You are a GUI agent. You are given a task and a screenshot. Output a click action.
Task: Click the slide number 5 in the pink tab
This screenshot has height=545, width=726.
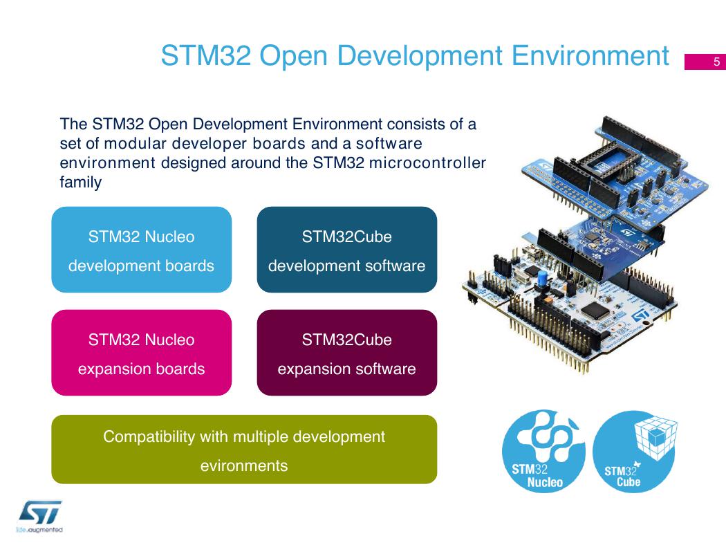coord(716,62)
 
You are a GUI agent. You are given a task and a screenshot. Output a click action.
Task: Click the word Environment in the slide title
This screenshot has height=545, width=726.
coord(590,56)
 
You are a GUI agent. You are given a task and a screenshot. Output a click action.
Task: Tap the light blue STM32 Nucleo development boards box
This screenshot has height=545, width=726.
coord(141,250)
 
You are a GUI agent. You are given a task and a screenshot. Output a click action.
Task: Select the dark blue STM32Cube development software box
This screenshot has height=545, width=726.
coord(347,250)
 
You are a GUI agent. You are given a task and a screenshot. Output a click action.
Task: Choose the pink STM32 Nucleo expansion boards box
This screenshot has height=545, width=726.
coord(141,353)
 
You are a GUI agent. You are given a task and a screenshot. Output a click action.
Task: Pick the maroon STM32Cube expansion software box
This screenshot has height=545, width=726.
coord(347,353)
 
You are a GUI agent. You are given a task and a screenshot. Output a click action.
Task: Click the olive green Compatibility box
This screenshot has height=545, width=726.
coord(244,450)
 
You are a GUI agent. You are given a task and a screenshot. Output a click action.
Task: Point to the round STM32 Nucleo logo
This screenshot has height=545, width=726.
coord(543,450)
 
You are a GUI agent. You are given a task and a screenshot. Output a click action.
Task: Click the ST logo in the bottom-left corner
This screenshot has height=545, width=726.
coord(40,512)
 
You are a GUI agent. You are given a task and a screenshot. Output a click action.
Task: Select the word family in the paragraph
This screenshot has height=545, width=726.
coord(81,183)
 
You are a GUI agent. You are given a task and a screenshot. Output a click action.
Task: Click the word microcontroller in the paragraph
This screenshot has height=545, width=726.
coord(427,163)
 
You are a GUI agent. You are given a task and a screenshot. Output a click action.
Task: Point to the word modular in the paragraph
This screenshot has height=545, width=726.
coord(136,144)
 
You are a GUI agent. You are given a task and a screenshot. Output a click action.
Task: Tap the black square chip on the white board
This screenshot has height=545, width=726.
coord(594,311)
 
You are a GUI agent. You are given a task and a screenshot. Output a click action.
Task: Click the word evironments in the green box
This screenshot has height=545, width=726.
coord(244,465)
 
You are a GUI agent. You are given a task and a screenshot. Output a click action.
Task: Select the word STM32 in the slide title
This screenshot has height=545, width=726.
coord(206,56)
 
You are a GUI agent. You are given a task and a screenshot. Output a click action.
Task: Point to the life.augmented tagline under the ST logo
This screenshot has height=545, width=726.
coord(39,530)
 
